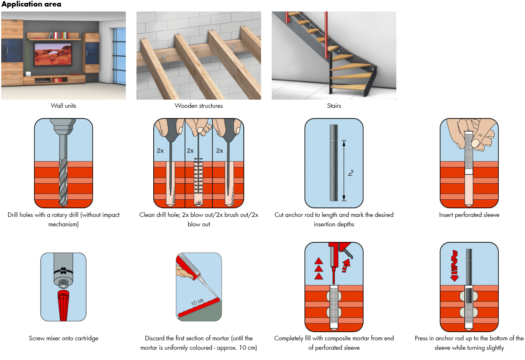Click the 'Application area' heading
[x=31, y=5]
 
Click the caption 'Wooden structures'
[x=199, y=106]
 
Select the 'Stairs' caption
[x=334, y=106]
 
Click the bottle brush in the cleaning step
[x=199, y=180]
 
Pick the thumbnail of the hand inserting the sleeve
[x=469, y=163]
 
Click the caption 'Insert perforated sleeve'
[x=469, y=215]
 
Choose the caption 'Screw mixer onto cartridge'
[x=64, y=338]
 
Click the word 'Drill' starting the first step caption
[x=14, y=215]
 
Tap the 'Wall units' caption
[x=64, y=106]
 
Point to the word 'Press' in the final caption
[x=422, y=338]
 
